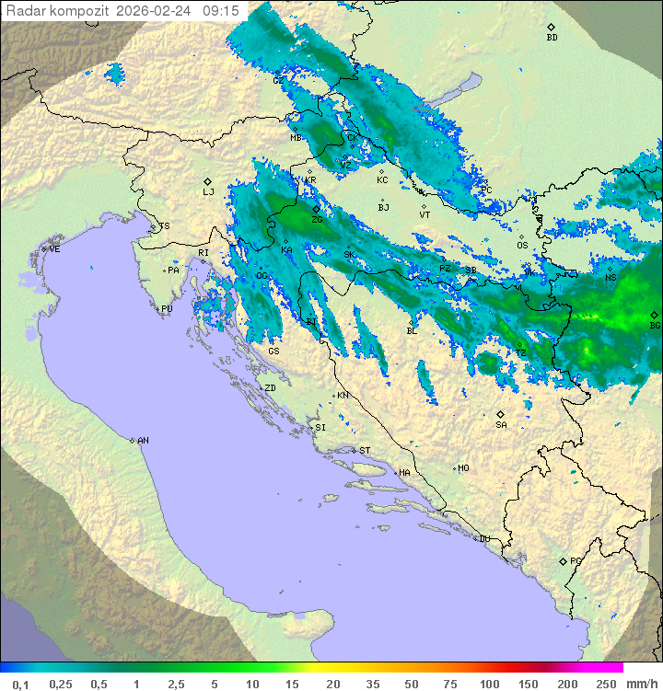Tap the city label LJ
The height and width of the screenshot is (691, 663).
pyautogui.click(x=208, y=192)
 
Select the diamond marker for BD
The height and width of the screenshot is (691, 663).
pyautogui.click(x=552, y=27)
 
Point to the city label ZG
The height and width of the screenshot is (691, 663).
pyautogui.click(x=317, y=220)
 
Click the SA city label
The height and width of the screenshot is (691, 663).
pyautogui.click(x=501, y=425)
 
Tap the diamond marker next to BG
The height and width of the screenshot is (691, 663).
pyautogui.click(x=654, y=315)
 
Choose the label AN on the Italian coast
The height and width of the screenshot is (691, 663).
pyautogui.click(x=143, y=441)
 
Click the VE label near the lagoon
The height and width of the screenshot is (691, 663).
pyautogui.click(x=54, y=249)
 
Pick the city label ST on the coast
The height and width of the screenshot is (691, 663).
pyautogui.click(x=365, y=451)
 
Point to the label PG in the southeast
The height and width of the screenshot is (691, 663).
pyautogui.click(x=576, y=561)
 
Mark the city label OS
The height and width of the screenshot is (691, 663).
pyautogui.click(x=522, y=246)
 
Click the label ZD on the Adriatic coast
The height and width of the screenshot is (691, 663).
pyautogui.click(x=270, y=388)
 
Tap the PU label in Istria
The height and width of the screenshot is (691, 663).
pyautogui.click(x=167, y=309)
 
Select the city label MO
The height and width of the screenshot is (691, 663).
pyautogui.click(x=463, y=468)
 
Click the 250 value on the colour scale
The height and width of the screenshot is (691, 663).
pyautogui.click(x=606, y=684)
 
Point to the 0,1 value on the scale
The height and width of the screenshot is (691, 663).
pyautogui.click(x=20, y=684)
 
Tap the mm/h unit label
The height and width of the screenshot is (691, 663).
pyautogui.click(x=639, y=684)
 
